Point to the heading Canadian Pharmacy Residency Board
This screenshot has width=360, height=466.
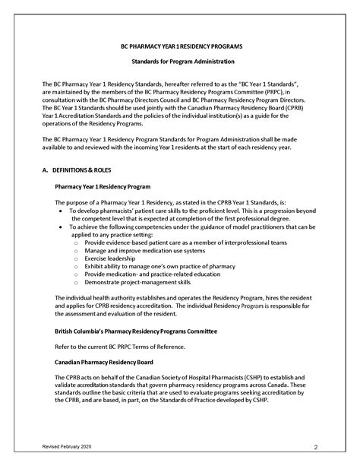coord(106,361)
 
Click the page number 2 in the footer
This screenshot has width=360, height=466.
coord(336,447)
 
